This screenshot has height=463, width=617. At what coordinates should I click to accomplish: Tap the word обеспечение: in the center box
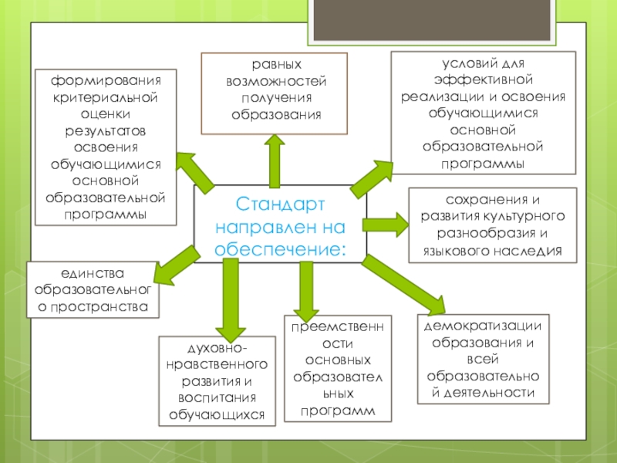point(280,248)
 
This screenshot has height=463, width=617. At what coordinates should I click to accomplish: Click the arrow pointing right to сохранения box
point(386,225)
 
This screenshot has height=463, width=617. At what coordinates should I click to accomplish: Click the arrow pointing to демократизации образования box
point(401,283)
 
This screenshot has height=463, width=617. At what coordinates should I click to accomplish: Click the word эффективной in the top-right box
point(483,80)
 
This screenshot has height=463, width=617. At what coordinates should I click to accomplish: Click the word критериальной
point(106,98)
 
